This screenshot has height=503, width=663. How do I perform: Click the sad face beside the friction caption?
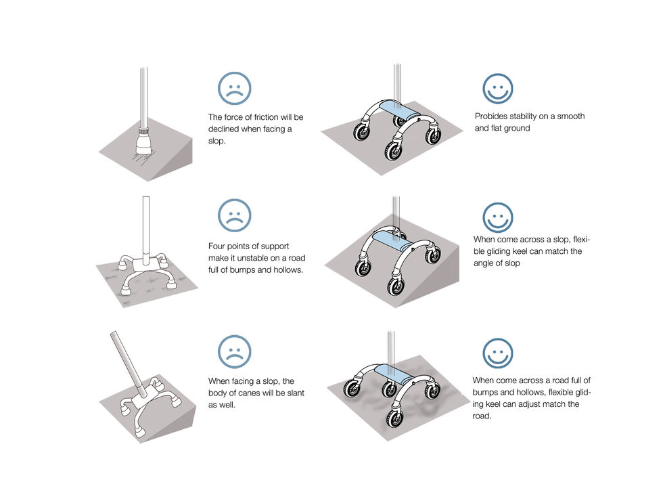pos(234,88)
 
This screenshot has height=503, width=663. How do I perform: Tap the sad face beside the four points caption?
pos(234,215)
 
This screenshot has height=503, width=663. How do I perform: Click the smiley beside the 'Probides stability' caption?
pos(497,88)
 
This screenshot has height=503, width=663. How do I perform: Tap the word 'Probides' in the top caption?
pos(492,116)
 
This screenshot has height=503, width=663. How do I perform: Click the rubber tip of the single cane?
pos(145,144)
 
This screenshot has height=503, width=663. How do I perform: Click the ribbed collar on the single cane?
pos(143,127)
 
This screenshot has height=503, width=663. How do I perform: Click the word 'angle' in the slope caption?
pos(485,263)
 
